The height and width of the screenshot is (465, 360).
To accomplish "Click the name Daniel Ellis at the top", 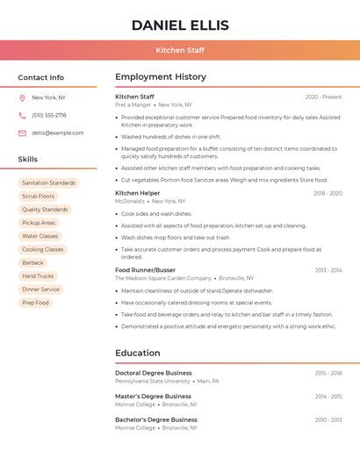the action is click(x=180, y=25).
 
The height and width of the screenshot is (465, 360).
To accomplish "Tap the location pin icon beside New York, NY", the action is click(x=22, y=97).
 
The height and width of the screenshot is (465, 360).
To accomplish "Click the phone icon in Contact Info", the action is click(x=22, y=115).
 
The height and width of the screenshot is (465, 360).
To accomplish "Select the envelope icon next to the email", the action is click(x=22, y=132).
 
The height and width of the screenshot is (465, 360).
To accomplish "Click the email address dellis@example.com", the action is click(x=58, y=132).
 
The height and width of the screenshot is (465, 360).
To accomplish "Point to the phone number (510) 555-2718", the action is click(x=49, y=115).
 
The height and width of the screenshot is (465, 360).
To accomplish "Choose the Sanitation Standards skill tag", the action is click(x=48, y=182).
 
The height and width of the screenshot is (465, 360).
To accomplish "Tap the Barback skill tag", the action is click(x=32, y=262).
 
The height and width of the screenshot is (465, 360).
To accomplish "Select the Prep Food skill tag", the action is click(x=36, y=303).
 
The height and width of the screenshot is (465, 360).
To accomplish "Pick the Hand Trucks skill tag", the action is click(x=38, y=275).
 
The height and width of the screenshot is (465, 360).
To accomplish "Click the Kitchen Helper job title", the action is click(x=138, y=193).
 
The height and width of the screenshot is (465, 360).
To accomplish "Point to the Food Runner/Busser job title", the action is click(x=145, y=270).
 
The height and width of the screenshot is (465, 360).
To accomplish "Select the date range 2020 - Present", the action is click(x=323, y=97).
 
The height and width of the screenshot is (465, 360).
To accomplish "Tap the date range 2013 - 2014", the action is click(x=328, y=270).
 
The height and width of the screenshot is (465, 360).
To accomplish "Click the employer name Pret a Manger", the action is click(x=133, y=104).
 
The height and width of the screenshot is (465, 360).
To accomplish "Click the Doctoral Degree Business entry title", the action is click(x=154, y=373).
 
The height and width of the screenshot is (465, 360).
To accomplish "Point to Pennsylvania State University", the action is click(x=152, y=382).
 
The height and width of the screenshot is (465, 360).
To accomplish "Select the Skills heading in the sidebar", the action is click(x=28, y=160).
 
